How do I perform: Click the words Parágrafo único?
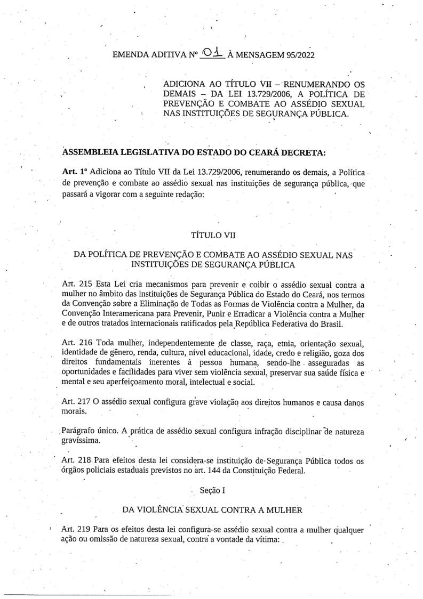[91, 431]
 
